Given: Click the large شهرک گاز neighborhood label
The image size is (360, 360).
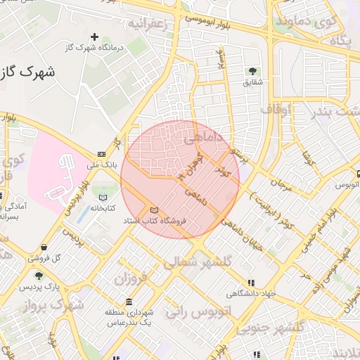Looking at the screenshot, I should (x=28, y=72).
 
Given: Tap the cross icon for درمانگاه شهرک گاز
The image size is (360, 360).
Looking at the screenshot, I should (x=95, y=36).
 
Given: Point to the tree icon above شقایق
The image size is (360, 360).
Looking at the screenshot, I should (x=252, y=70).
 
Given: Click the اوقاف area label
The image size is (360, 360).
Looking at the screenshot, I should (x=276, y=110).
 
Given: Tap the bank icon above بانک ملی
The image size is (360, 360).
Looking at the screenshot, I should (x=102, y=154).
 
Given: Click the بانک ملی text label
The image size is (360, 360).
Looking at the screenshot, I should (x=100, y=166).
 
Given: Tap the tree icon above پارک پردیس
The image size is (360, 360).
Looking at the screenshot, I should (x=39, y=276).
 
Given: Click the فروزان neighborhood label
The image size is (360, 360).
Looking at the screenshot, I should (x=131, y=278).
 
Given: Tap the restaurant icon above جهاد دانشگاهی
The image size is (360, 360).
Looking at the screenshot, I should (x=251, y=283).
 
